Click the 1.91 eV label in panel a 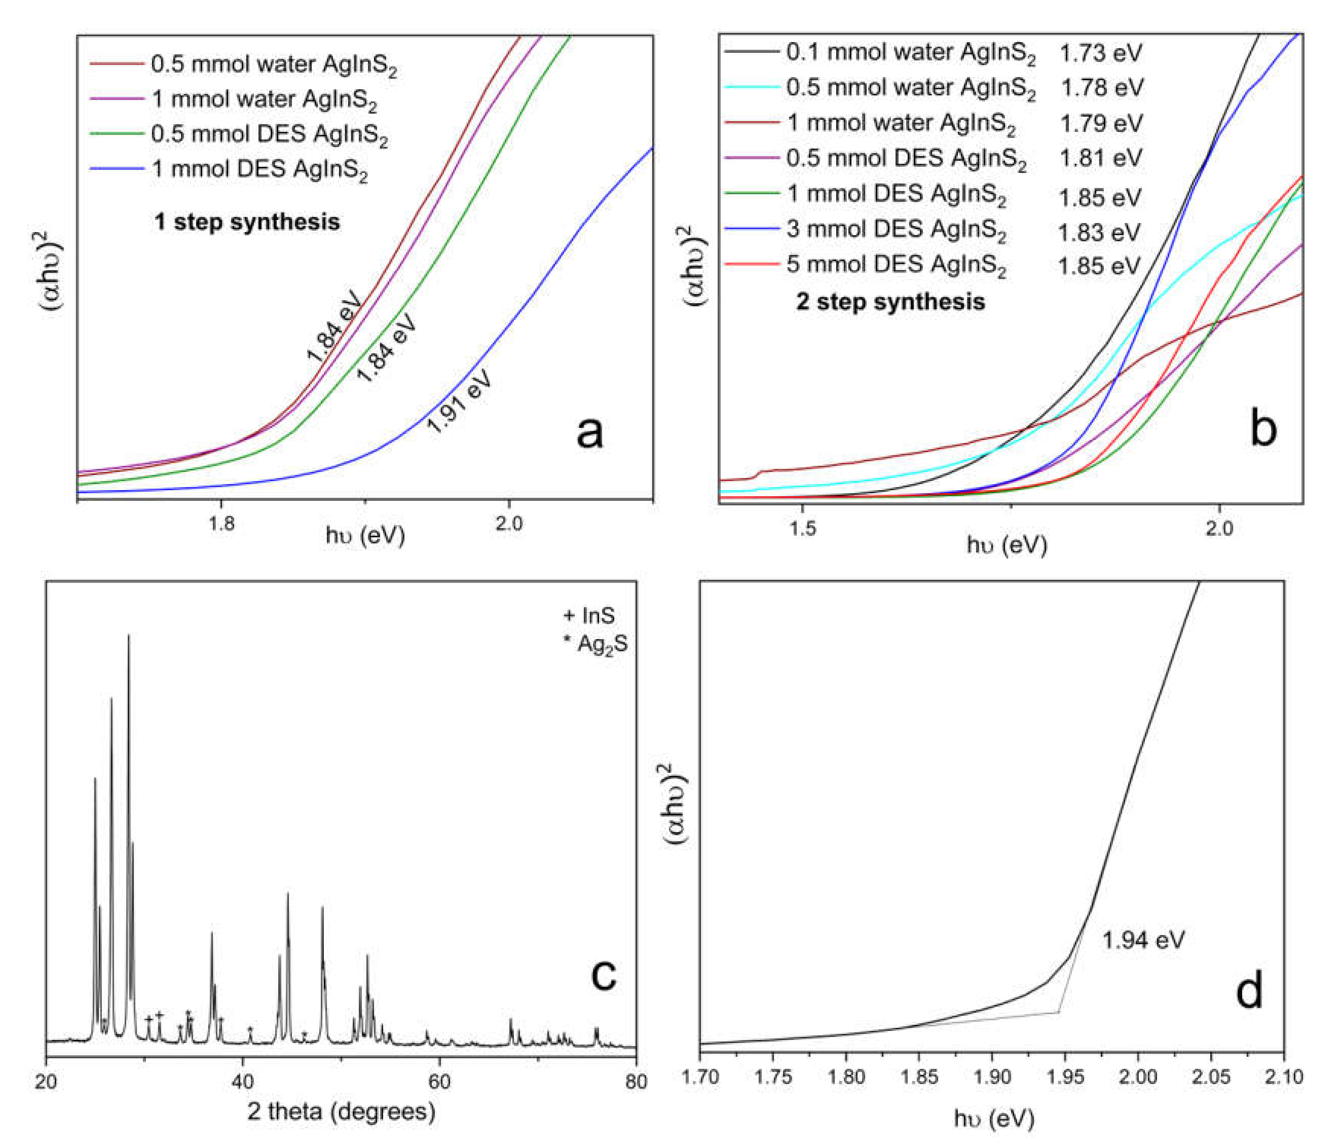click(x=460, y=401)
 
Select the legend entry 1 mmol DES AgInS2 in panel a click(x=259, y=169)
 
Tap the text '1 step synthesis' click(x=247, y=222)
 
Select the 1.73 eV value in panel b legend click(x=1100, y=53)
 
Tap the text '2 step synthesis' click(x=891, y=302)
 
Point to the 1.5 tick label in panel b click(x=802, y=528)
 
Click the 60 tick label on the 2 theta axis click(x=439, y=1081)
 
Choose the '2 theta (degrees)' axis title click(x=341, y=1112)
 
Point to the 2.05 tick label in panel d click(x=1211, y=1077)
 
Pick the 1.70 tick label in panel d click(x=701, y=1077)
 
